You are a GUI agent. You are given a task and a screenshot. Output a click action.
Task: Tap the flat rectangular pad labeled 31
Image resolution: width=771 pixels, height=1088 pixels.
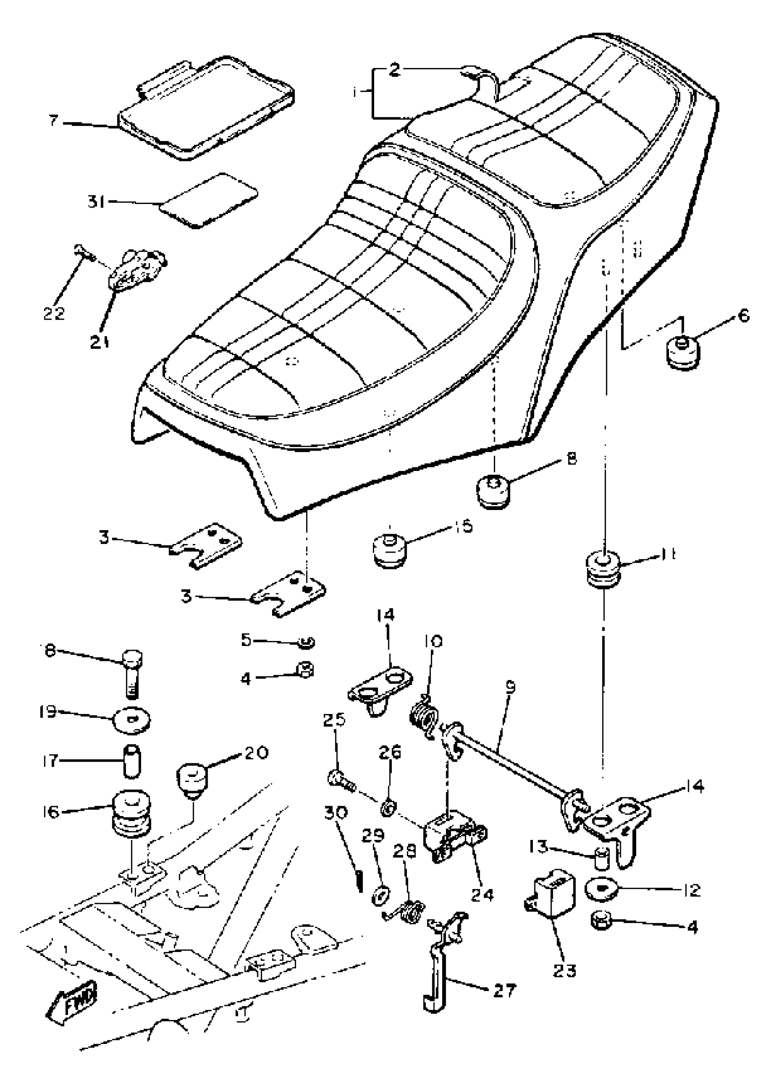point(209,200)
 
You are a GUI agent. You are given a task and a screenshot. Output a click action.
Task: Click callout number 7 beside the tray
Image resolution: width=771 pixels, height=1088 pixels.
point(53,121)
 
